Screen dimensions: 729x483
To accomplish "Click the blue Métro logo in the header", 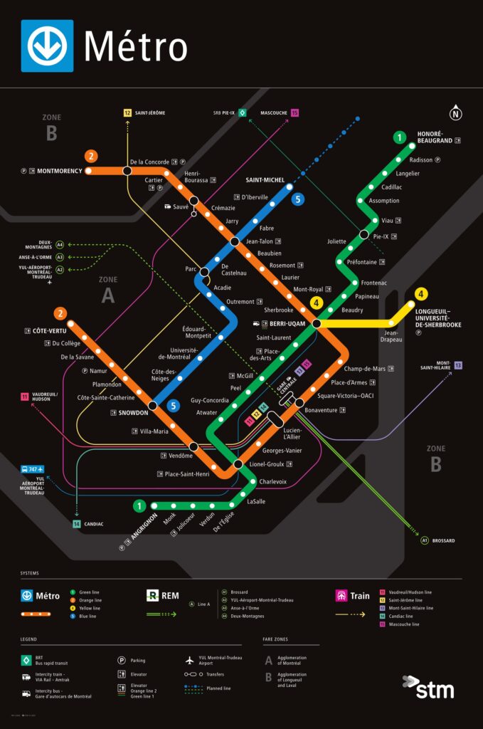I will [47, 46].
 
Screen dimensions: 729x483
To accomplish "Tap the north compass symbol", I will [455, 112].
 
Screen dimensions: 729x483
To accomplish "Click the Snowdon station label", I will [134, 413].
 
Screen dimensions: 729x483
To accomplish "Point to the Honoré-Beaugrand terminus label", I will [430, 137].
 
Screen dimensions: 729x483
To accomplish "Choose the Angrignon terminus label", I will [143, 530].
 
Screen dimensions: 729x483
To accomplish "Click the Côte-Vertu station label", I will [50, 331].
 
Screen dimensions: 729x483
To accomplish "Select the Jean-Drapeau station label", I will [393, 336].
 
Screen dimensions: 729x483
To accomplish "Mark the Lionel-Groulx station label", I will [267, 464].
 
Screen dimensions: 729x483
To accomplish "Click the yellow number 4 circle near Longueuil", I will [421, 293].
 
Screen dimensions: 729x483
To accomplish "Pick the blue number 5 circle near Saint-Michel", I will [297, 199].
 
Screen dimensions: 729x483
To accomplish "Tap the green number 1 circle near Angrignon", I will [139, 506].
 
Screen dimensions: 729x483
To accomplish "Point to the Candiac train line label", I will [92, 524].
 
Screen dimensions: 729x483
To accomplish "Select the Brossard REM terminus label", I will [442, 540].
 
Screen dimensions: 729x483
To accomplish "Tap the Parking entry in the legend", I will [138, 660].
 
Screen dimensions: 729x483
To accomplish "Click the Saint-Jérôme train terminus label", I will [150, 112].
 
